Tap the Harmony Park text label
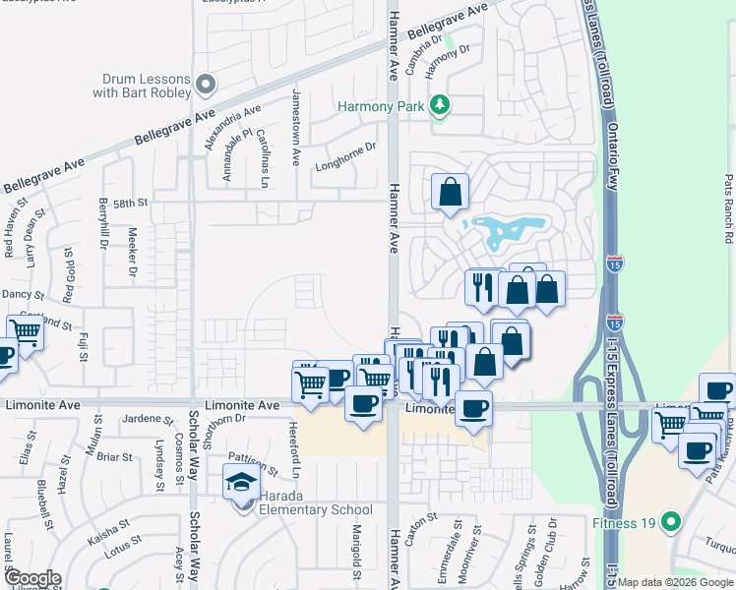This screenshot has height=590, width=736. pos(381,105)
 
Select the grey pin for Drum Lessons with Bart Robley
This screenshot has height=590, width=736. pos(206,86)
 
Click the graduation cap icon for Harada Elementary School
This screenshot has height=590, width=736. pos(240,484)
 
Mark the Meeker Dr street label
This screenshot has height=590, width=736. pos(133,251)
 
